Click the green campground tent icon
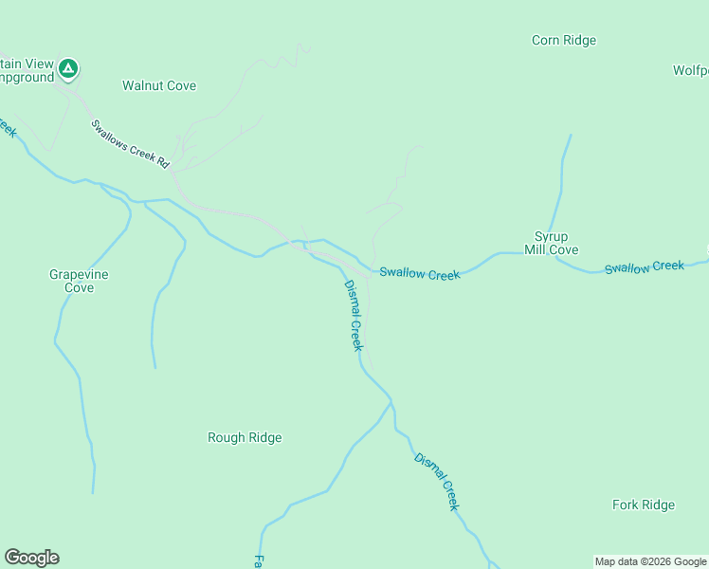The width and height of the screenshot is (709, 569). click(68, 68)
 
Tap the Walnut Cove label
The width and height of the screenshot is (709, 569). click(159, 85)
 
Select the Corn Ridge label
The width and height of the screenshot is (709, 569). click(563, 40)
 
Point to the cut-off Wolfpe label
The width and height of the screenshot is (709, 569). click(690, 70)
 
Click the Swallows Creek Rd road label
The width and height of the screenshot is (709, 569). click(130, 144)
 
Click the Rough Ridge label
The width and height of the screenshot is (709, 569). click(245, 437)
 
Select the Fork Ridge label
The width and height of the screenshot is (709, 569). click(644, 505)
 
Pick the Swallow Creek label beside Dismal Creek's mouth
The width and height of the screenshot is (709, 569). click(419, 274)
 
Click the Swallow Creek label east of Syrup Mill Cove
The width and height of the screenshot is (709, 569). click(645, 266)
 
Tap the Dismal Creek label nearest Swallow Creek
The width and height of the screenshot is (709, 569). click(353, 316)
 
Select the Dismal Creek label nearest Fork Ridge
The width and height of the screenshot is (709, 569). click(437, 482)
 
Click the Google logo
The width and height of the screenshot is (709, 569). click(31, 558)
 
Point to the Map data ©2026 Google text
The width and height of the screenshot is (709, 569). click(650, 561)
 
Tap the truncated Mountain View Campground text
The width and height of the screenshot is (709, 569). click(27, 70)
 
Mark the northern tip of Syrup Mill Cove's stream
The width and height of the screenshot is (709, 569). click(571, 136)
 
